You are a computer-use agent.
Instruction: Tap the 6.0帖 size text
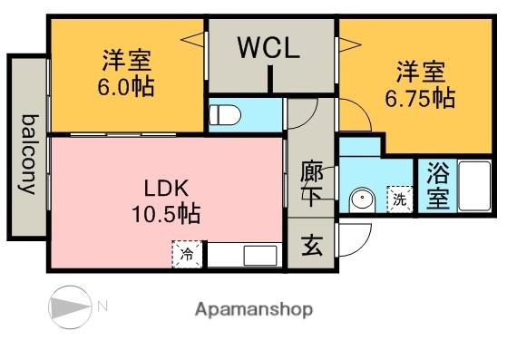[127, 88]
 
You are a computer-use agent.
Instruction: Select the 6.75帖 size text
[419, 99]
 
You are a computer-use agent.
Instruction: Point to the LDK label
[165, 190]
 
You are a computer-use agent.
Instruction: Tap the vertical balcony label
[28, 153]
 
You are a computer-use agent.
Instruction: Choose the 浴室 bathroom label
[437, 187]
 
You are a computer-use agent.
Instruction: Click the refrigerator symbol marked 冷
[186, 254]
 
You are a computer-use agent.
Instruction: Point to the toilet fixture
[224, 115]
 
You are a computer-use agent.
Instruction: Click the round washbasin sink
[363, 199]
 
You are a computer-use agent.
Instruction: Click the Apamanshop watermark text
[253, 309]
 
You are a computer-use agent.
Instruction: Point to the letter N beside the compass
[102, 306]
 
